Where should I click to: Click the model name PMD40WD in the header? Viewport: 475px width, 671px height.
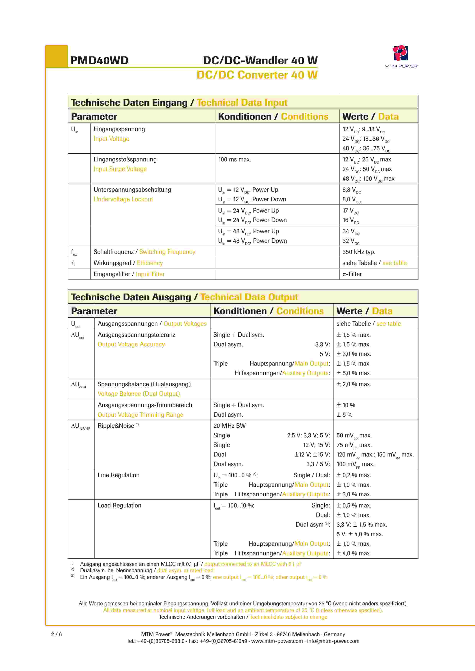[99, 61]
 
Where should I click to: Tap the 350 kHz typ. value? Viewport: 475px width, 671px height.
[359, 252]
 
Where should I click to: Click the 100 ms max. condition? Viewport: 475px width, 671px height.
[235, 160]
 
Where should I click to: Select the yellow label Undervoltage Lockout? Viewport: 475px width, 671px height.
[123, 199]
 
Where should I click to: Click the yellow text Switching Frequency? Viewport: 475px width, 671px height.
[167, 252]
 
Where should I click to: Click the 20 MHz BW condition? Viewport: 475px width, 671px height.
[229, 426]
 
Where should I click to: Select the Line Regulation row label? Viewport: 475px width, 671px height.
[118, 475]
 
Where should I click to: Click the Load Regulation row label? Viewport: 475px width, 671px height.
[119, 506]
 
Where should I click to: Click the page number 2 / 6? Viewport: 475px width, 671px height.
[57, 634]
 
